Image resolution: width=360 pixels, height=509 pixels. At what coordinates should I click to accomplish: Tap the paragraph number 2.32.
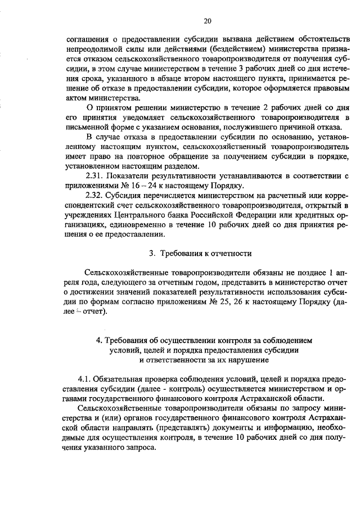93,195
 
